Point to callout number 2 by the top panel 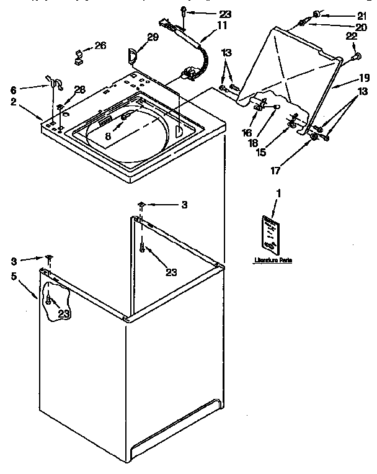[13, 102]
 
